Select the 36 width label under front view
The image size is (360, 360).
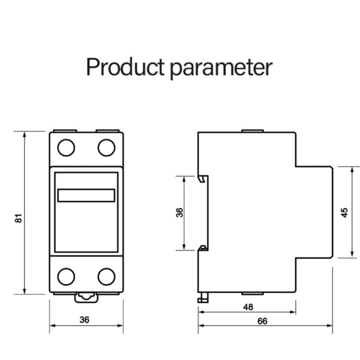click(84, 320)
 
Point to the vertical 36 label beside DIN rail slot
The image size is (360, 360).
click(179, 212)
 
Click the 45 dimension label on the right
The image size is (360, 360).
click(344, 212)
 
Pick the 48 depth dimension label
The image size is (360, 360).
click(248, 307)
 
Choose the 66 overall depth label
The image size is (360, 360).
click(262, 321)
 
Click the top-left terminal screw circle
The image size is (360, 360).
click(66, 148)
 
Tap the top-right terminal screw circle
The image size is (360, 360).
click(106, 148)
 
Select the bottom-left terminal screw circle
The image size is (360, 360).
click(66, 276)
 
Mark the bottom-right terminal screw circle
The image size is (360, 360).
click(106, 276)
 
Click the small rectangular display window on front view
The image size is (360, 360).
click(86, 195)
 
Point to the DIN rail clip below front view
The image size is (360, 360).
click(86, 297)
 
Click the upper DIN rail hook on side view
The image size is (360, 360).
click(202, 178)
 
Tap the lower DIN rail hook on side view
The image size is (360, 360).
click(202, 247)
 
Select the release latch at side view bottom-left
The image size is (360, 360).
click(201, 298)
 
